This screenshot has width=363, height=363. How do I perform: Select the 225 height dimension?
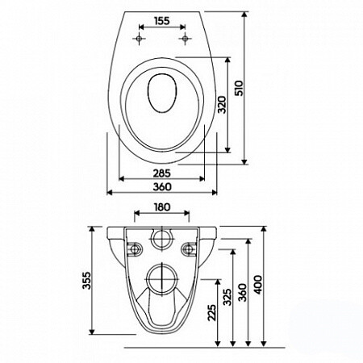(212, 311)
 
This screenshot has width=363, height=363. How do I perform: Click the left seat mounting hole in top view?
(141, 39)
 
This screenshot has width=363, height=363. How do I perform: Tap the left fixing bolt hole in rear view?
(132, 246)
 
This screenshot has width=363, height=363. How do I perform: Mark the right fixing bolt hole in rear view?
(190, 246)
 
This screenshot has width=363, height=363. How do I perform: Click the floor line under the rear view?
(194, 346)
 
